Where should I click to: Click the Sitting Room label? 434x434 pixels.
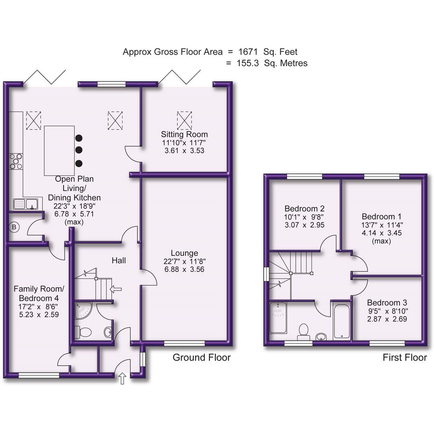(x=184, y=134)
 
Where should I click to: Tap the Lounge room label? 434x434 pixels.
(x=184, y=253)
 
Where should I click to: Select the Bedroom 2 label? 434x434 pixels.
(x=304, y=209)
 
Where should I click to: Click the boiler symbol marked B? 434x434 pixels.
(x=14, y=227)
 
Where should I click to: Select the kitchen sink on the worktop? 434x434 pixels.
(x=26, y=204)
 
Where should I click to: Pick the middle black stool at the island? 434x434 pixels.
(x=79, y=150)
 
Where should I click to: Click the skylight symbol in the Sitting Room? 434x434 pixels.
(x=185, y=119)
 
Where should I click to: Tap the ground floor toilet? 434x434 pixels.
(x=83, y=332)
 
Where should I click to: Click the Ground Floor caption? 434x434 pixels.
(x=201, y=357)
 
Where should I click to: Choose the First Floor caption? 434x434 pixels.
(x=404, y=357)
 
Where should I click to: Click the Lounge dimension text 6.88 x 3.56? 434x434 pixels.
(x=184, y=269)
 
